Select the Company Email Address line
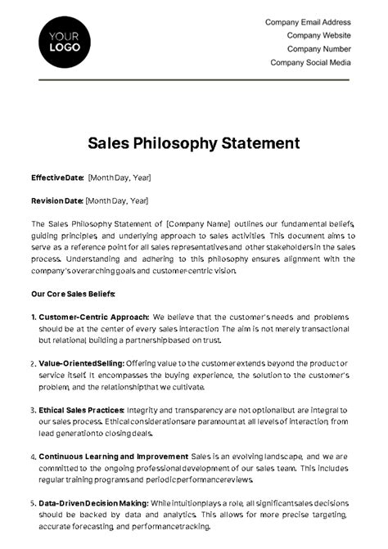click(308, 22)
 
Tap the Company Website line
click(318, 35)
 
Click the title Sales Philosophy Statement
click(193, 144)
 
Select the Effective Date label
click(57, 178)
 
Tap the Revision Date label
click(56, 200)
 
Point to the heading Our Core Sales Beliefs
click(73, 293)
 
